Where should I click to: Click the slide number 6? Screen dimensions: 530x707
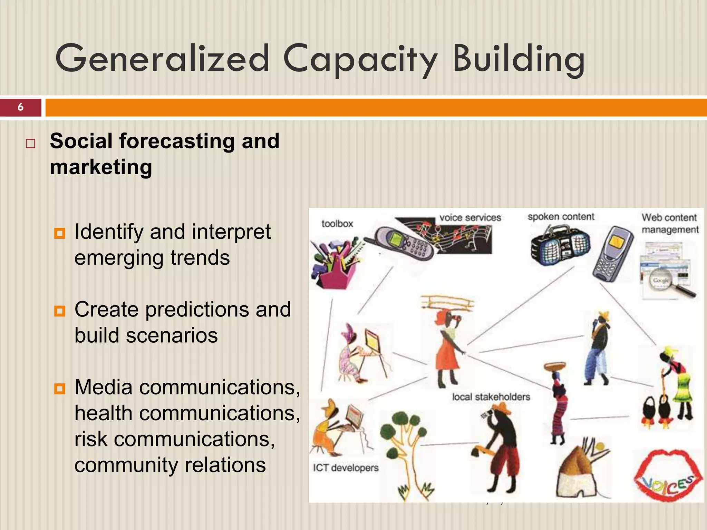(20, 107)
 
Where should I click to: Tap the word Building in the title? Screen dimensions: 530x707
(518, 59)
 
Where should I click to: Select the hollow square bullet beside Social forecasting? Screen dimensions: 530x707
(30, 143)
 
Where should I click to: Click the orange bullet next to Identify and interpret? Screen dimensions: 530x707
(60, 234)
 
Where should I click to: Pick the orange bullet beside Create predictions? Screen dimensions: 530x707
(60, 311)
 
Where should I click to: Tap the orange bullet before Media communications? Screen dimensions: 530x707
(60, 389)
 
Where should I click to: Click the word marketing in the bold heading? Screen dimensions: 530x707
(101, 167)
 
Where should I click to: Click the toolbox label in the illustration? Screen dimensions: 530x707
(337, 224)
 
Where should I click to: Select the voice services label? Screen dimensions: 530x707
(470, 218)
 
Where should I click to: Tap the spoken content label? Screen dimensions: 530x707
(561, 217)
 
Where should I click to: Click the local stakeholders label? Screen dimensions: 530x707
(491, 397)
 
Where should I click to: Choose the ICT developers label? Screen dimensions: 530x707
(346, 468)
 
